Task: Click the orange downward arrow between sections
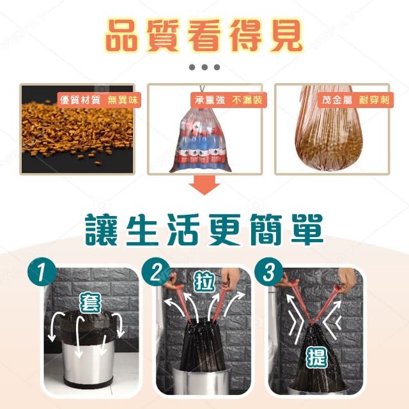click(204, 185)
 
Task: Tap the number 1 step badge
click(42, 272)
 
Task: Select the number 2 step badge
click(156, 272)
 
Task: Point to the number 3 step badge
click(269, 272)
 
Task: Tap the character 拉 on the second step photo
click(204, 282)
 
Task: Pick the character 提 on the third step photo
click(317, 357)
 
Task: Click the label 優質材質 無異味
click(99, 100)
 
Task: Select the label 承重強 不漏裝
click(229, 100)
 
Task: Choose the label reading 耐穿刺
click(374, 100)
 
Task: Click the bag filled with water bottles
click(201, 139)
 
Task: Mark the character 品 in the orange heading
click(123, 36)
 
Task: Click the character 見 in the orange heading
click(286, 36)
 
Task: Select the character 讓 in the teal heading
click(102, 229)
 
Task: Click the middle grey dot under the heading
click(204, 67)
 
